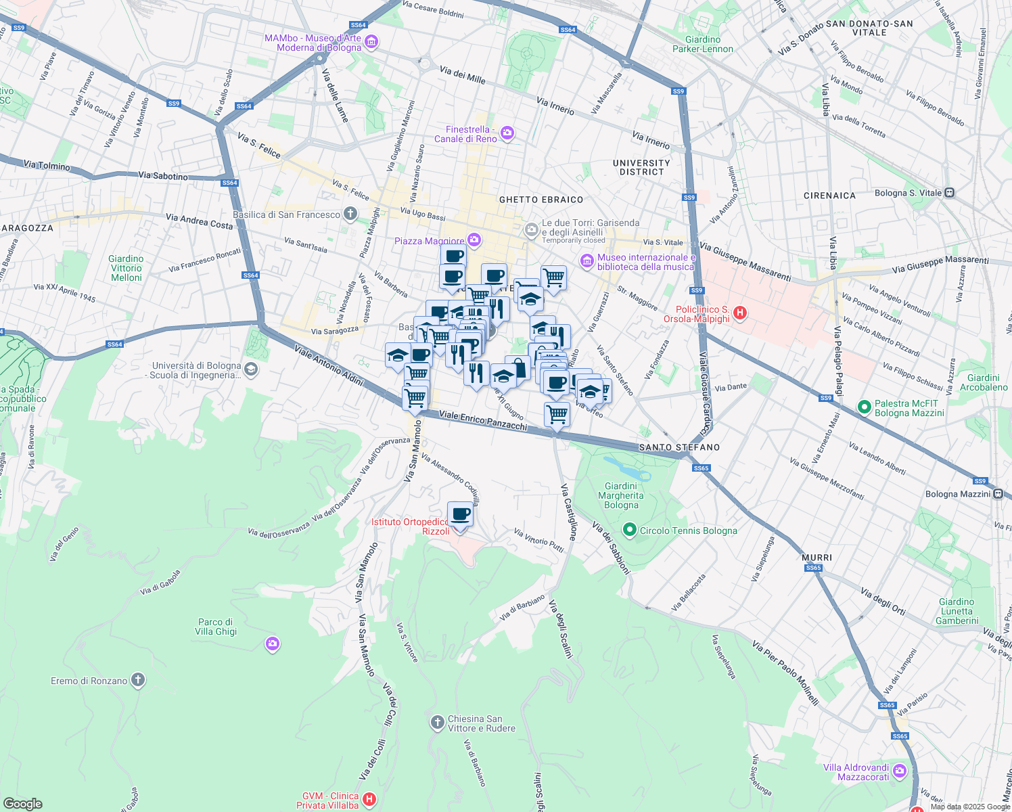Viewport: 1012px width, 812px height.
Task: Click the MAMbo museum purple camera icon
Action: coord(371,43)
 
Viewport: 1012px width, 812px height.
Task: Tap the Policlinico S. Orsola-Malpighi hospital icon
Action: coord(740,313)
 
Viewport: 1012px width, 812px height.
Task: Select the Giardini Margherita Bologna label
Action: coord(621,495)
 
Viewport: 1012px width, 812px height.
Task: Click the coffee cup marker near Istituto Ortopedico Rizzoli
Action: coord(460,515)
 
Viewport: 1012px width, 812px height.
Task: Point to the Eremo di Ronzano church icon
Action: coord(138,680)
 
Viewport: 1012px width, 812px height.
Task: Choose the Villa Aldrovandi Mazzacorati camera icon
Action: coord(900,771)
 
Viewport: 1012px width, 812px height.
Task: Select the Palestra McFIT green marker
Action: coord(864,407)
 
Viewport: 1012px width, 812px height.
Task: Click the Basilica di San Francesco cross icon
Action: coord(350,215)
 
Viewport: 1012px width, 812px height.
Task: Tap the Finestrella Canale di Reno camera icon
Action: coord(507,134)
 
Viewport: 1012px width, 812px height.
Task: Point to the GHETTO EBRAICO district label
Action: coord(540,200)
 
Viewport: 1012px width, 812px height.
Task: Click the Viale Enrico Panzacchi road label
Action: coord(482,420)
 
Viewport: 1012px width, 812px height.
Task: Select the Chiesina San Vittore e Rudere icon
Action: coord(437,723)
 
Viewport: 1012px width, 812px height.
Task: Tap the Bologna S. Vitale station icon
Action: coord(949,193)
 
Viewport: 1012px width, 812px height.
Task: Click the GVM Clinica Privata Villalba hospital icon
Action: coord(369,800)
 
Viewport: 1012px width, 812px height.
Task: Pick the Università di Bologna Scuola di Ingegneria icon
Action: coord(251,369)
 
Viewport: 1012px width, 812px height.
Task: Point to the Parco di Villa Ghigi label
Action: coord(216,627)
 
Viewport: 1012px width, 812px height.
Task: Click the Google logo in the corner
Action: coord(23,803)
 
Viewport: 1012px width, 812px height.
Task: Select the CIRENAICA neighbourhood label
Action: coord(829,196)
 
